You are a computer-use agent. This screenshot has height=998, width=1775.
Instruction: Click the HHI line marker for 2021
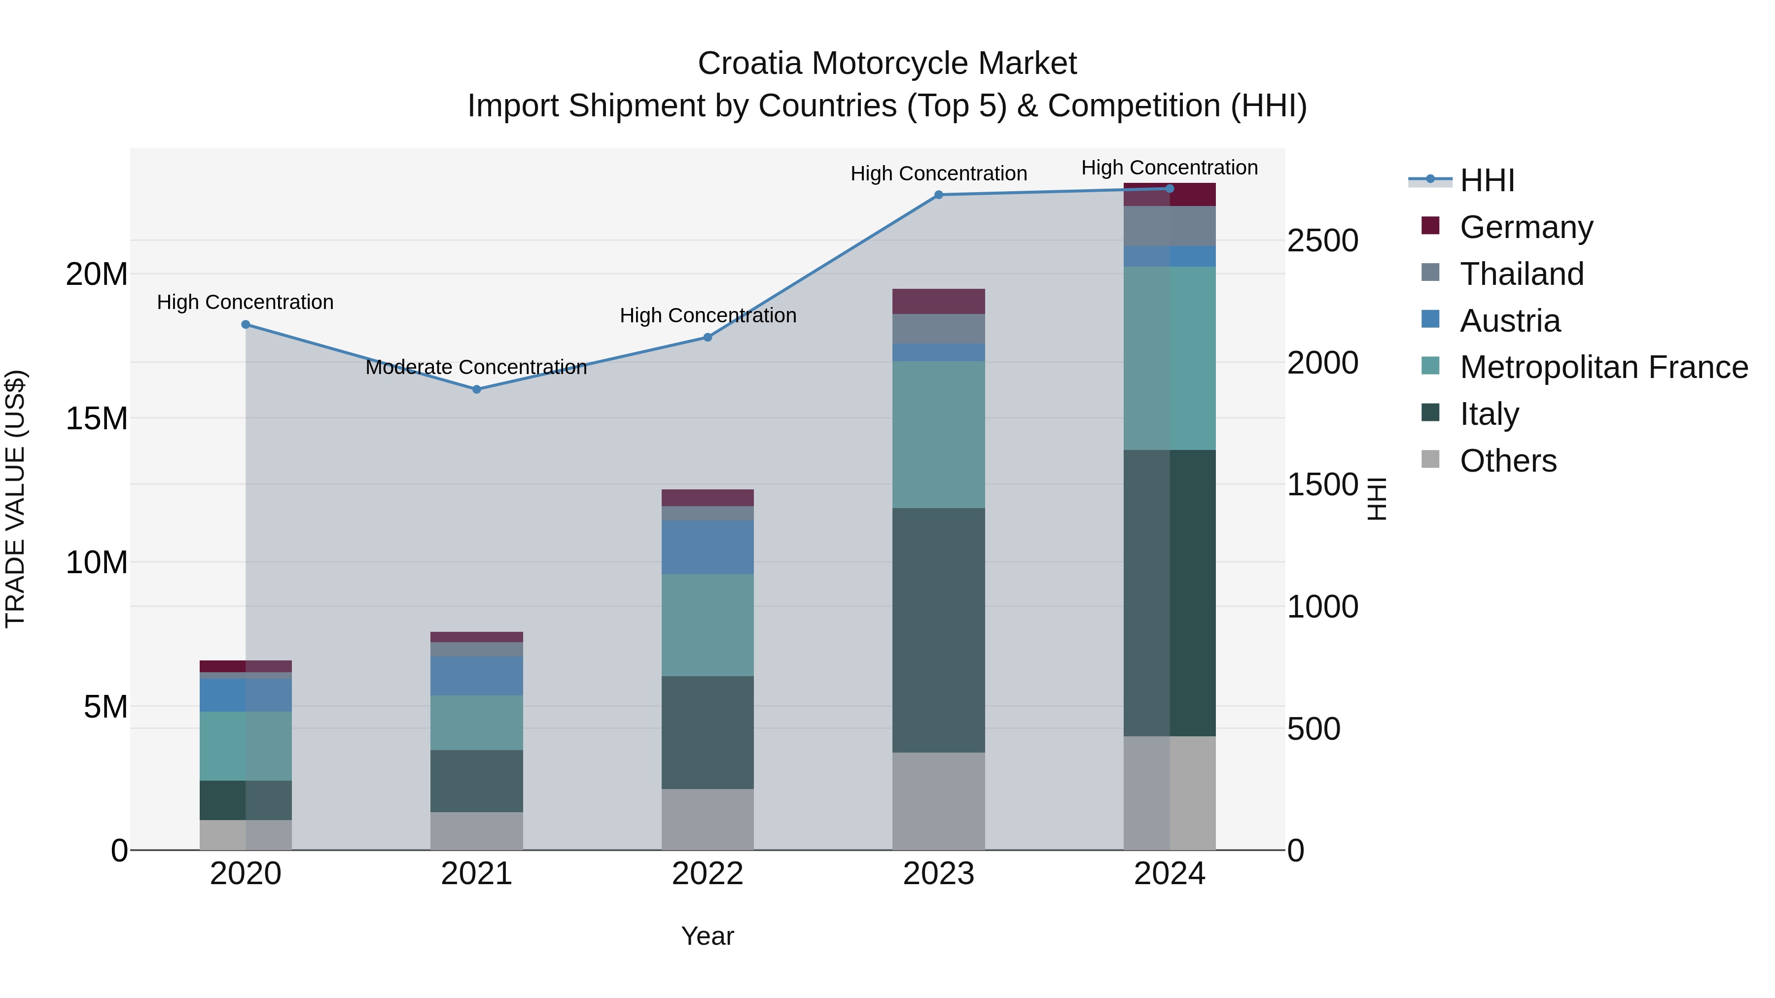pyautogui.click(x=476, y=389)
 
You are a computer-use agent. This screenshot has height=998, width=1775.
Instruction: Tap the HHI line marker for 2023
pyautogui.click(x=938, y=195)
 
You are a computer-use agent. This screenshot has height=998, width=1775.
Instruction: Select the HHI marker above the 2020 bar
pyautogui.click(x=246, y=324)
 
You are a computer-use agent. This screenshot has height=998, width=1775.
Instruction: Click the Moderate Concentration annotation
pyautogui.click(x=476, y=367)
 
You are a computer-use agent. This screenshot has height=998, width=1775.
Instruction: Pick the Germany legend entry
pyautogui.click(x=1526, y=227)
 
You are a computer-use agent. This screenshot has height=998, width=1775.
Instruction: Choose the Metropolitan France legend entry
pyautogui.click(x=1603, y=367)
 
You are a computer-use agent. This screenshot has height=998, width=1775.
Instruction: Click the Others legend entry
pyautogui.click(x=1508, y=461)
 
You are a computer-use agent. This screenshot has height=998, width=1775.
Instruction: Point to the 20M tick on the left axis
pyautogui.click(x=97, y=274)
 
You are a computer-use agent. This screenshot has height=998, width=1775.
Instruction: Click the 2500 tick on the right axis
pyautogui.click(x=1322, y=241)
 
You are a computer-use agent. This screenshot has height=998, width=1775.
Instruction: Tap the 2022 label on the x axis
pyautogui.click(x=707, y=874)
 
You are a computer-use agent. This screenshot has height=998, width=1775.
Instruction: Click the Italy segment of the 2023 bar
pyautogui.click(x=938, y=630)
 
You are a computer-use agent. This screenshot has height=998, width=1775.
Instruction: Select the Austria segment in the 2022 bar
pyautogui.click(x=707, y=548)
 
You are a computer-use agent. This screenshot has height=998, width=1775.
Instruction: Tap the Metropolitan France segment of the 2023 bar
pyautogui.click(x=938, y=435)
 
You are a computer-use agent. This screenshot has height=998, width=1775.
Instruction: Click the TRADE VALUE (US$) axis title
pyautogui.click(x=15, y=499)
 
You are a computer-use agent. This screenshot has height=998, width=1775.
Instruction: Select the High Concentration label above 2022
pyautogui.click(x=707, y=315)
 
